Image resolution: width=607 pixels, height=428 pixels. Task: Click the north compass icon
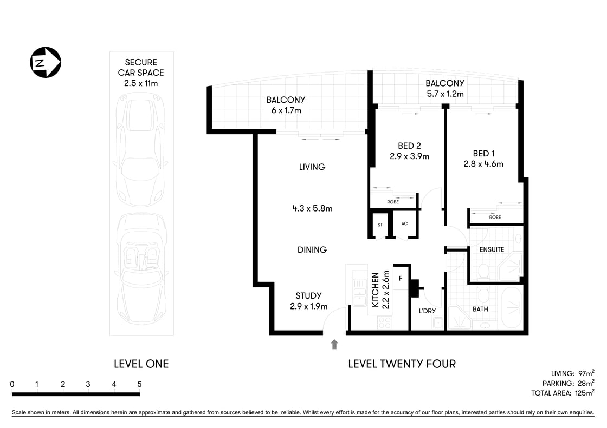click(46, 62)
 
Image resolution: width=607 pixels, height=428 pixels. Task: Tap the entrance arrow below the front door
click(334, 344)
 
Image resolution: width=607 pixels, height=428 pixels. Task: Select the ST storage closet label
click(379, 224)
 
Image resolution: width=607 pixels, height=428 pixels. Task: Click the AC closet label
click(404, 223)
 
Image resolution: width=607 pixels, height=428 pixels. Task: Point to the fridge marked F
click(401, 279)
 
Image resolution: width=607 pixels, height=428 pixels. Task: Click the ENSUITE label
click(492, 249)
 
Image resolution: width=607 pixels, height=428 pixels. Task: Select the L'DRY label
click(427, 311)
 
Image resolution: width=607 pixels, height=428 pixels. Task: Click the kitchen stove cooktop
click(384, 322)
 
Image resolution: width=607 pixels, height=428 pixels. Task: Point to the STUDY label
click(308, 295)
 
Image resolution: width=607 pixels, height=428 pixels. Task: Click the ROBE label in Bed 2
click(393, 202)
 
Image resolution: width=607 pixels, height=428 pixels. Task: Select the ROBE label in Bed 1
click(495, 217)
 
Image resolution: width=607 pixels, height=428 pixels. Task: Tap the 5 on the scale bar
click(139, 384)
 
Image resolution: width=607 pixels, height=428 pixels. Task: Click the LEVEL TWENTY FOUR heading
click(402, 364)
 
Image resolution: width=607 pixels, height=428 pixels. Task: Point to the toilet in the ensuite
click(484, 270)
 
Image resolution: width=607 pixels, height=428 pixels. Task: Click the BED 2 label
click(409, 146)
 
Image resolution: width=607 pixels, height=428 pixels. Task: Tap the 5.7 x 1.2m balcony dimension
click(445, 94)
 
